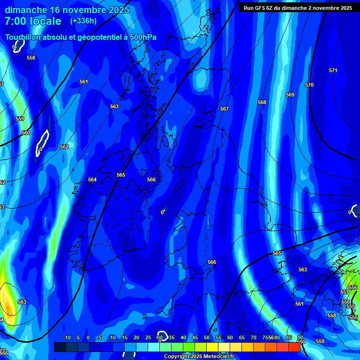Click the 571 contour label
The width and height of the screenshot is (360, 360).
(333, 71)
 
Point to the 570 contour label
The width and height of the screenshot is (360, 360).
(309, 85)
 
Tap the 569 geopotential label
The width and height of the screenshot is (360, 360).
(290, 95)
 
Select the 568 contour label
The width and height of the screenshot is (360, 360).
(262, 102)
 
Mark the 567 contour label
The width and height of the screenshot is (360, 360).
(225, 109)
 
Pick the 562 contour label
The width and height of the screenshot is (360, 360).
(64, 147)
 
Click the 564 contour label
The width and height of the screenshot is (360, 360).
(92, 180)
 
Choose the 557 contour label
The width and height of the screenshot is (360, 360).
(345, 292)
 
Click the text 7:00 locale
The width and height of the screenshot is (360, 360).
(33, 21)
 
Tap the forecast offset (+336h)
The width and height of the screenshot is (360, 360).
(84, 21)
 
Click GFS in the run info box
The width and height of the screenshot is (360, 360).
(261, 8)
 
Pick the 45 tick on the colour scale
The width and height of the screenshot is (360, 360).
(195, 338)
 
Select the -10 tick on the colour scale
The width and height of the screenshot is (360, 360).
(66, 338)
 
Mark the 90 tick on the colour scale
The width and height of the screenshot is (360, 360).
(300, 338)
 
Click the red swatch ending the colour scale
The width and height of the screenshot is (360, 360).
(294, 347)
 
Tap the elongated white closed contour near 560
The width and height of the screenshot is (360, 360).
(43, 142)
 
